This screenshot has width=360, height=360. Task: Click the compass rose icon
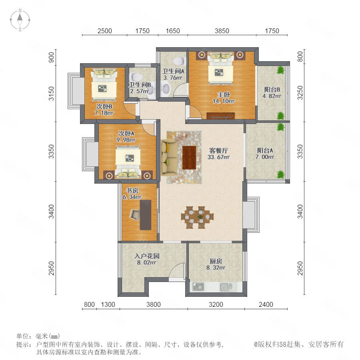pos(20,20)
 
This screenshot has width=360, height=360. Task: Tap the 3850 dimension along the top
pos(222,31)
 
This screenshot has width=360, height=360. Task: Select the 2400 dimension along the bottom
pos(266,304)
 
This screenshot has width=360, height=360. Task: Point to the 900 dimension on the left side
pos(52,57)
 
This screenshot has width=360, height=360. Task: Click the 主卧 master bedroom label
pos(224,94)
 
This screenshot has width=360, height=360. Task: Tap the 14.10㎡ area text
pos(224,101)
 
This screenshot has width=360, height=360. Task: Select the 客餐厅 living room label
pos(218,151)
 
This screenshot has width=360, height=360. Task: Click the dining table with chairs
pos(198,217)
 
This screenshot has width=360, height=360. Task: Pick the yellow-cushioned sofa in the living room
pos(169,158)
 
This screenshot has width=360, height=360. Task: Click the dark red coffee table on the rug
pos(189,158)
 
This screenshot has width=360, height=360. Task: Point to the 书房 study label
pos(132,190)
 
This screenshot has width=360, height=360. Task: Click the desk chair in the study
pos(134,214)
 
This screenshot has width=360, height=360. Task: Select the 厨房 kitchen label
pos(216,261)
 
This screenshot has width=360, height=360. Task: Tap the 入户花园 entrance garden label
pos(147,256)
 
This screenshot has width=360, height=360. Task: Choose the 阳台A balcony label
pos(265,151)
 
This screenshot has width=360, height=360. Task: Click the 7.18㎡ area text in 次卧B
pos(104,113)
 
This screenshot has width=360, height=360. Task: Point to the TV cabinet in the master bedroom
pos(221,116)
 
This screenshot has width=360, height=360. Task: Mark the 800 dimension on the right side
pos(300,56)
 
